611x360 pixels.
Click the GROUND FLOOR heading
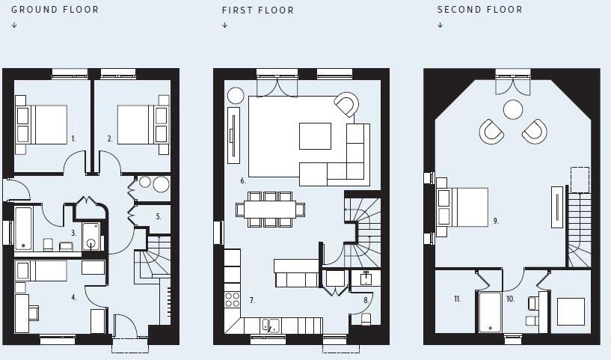pyautogui.click(x=55, y=10)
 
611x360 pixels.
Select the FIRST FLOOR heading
pyautogui.click(x=258, y=10)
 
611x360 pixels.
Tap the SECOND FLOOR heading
pyautogui.click(x=479, y=10)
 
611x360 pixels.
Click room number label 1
pyautogui.click(x=73, y=138)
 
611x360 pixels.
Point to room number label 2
pyautogui.click(x=110, y=138)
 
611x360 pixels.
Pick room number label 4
pyautogui.click(x=73, y=297)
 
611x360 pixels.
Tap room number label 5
pyautogui.click(x=158, y=216)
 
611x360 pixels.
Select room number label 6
pyautogui.click(x=243, y=180)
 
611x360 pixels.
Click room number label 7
pyautogui.click(x=252, y=300)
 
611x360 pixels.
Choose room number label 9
pyautogui.click(x=495, y=221)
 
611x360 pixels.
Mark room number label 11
pyautogui.click(x=456, y=299)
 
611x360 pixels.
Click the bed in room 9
pyautogui.click(x=463, y=207)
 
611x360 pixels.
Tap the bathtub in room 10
pyautogui.click(x=489, y=311)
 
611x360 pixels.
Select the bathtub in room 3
pyautogui.click(x=23, y=228)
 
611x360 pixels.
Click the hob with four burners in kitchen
pyautogui.click(x=233, y=299)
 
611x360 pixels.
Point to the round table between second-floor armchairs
pyautogui.click(x=513, y=110)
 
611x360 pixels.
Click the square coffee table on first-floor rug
pyautogui.click(x=315, y=136)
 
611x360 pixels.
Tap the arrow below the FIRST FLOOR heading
pyautogui.click(x=224, y=25)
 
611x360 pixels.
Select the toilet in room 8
pyautogui.click(x=366, y=320)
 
